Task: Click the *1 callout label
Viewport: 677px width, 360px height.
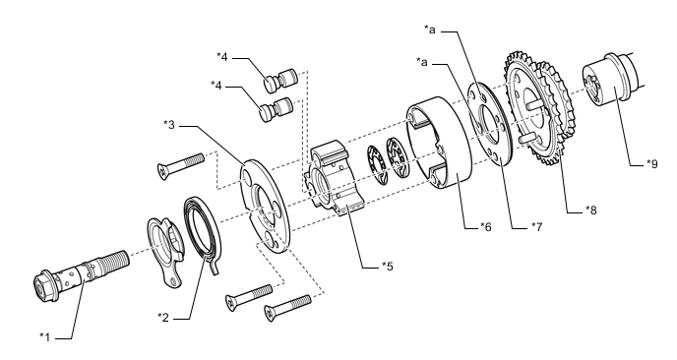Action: pos(45,336)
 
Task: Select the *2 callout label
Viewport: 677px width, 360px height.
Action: pos(163,318)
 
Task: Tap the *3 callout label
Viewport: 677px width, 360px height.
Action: pos(169,125)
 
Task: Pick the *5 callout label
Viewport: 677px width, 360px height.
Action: pos(388,266)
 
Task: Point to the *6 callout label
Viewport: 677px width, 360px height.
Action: pos(486,226)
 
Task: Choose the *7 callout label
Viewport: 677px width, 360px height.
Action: pos(536,226)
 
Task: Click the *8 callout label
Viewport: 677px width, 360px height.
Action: pos(590,210)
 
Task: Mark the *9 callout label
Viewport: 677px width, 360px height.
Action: pos(652,164)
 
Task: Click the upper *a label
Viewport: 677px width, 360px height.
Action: pos(430,30)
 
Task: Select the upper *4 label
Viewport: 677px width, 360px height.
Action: pos(222,56)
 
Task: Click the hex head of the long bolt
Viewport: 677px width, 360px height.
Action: pos(45,285)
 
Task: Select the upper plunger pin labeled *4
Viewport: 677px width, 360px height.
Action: pos(279,81)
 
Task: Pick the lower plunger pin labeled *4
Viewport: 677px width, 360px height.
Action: pos(276,109)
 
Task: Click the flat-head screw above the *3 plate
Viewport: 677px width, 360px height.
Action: pos(181,166)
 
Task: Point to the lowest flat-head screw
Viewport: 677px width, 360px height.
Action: pos(287,307)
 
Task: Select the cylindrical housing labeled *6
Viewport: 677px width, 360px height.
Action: pos(438,144)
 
